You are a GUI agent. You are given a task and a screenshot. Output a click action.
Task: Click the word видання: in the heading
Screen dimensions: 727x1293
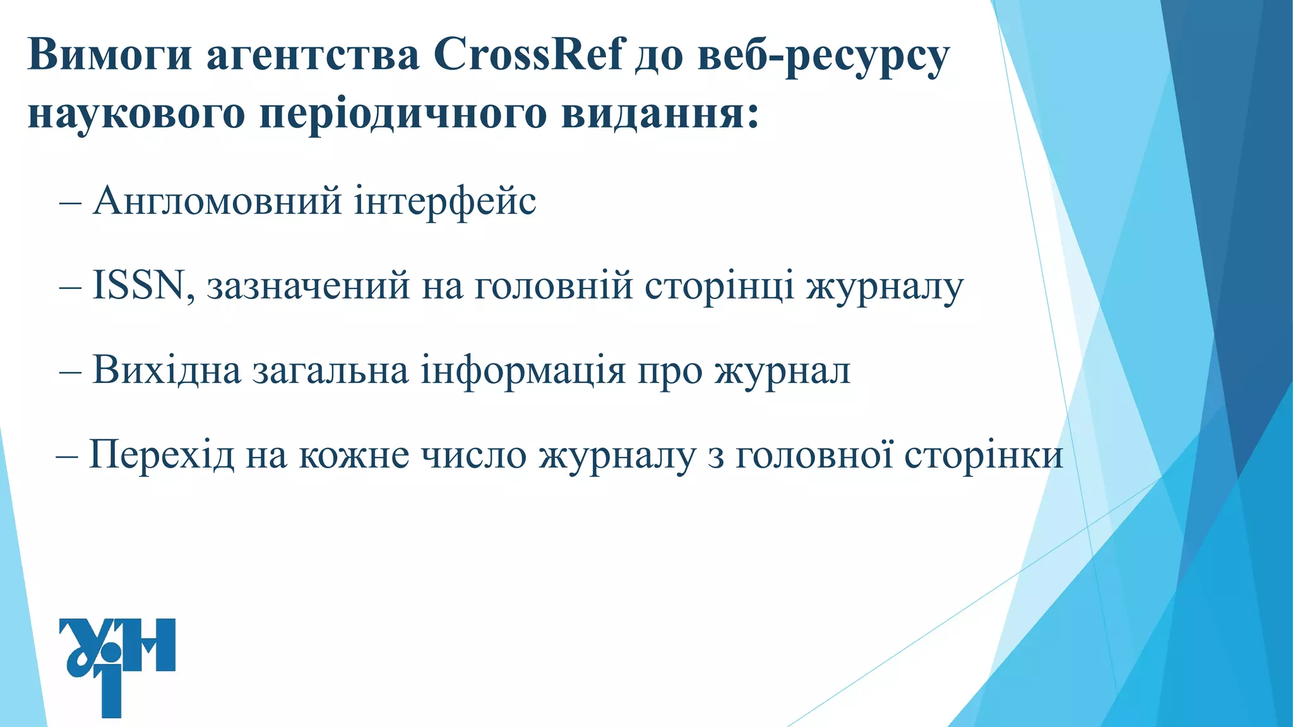(x=660, y=115)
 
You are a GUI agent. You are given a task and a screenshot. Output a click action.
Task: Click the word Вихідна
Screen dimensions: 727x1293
(x=167, y=370)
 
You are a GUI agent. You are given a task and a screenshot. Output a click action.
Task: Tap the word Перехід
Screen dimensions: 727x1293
(x=162, y=454)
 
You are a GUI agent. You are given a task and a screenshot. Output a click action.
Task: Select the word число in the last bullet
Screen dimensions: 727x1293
(x=474, y=454)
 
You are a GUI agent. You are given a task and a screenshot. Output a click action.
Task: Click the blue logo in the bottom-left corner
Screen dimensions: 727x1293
(x=117, y=665)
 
